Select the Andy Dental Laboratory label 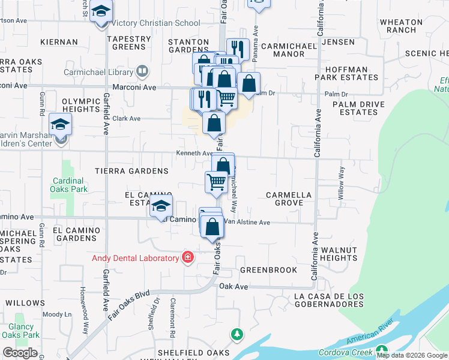pyautogui.click(x=135, y=258)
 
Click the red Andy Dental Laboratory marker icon pyautogui.click(x=188, y=257)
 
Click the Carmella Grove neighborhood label pyautogui.click(x=289, y=199)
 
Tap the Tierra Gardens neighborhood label pyautogui.click(x=131, y=171)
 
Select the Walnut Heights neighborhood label pyautogui.click(x=339, y=254)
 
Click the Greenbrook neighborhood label pyautogui.click(x=268, y=270)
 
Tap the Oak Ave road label pyautogui.click(x=234, y=287)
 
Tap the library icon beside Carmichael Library pyautogui.click(x=142, y=72)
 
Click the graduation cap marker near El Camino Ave pyautogui.click(x=161, y=206)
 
